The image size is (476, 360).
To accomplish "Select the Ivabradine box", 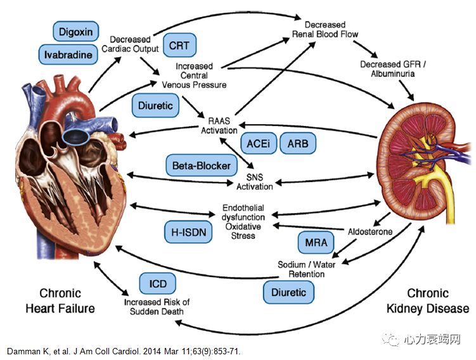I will point(68,55).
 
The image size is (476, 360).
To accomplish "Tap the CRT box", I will point(179,46).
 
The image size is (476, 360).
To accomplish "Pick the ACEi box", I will point(257,144).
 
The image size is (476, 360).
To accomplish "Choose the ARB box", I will point(297,144).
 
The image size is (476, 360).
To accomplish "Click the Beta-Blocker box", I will point(201,166).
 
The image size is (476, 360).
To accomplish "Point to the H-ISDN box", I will point(188,232).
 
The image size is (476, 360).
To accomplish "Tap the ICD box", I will point(157,283).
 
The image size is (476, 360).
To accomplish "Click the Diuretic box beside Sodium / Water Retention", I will point(288,292).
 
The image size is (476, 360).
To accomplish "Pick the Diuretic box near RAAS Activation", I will point(156,106).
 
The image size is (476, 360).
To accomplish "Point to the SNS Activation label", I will point(254,181).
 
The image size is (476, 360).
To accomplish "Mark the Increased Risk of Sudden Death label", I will point(157,307).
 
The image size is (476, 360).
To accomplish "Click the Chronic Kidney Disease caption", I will point(428,301).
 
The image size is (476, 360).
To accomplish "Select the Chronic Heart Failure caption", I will point(60,301).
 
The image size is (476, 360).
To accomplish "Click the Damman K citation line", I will point(124,351).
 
